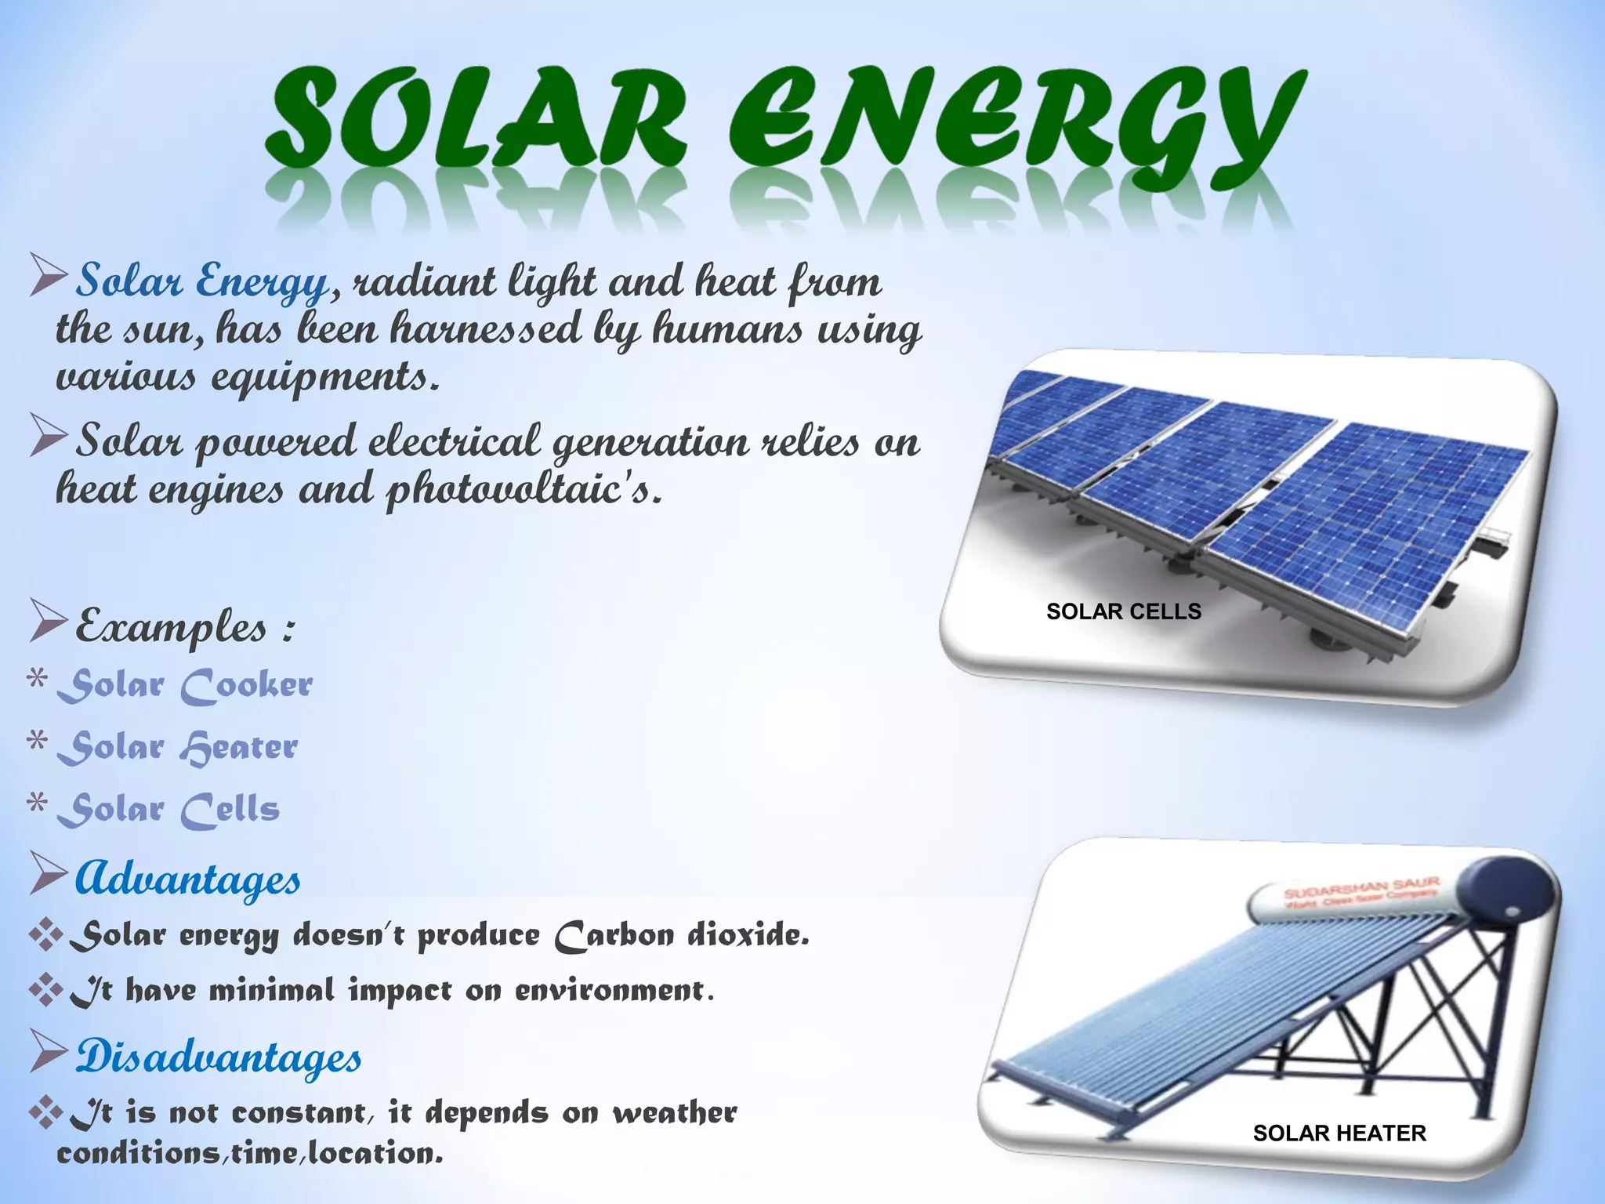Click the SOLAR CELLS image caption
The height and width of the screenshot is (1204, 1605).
[x=1123, y=611]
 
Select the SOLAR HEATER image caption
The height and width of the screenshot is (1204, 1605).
[x=1339, y=1133]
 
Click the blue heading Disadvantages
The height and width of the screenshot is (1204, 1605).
[x=219, y=1056]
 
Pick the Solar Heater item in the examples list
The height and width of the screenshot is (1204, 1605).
[x=178, y=747]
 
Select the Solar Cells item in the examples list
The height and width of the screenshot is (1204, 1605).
[x=168, y=809]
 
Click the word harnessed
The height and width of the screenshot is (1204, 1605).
[x=486, y=329]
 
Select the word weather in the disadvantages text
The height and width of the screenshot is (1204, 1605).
[x=675, y=1113]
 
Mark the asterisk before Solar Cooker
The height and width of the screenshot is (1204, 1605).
[x=37, y=679]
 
